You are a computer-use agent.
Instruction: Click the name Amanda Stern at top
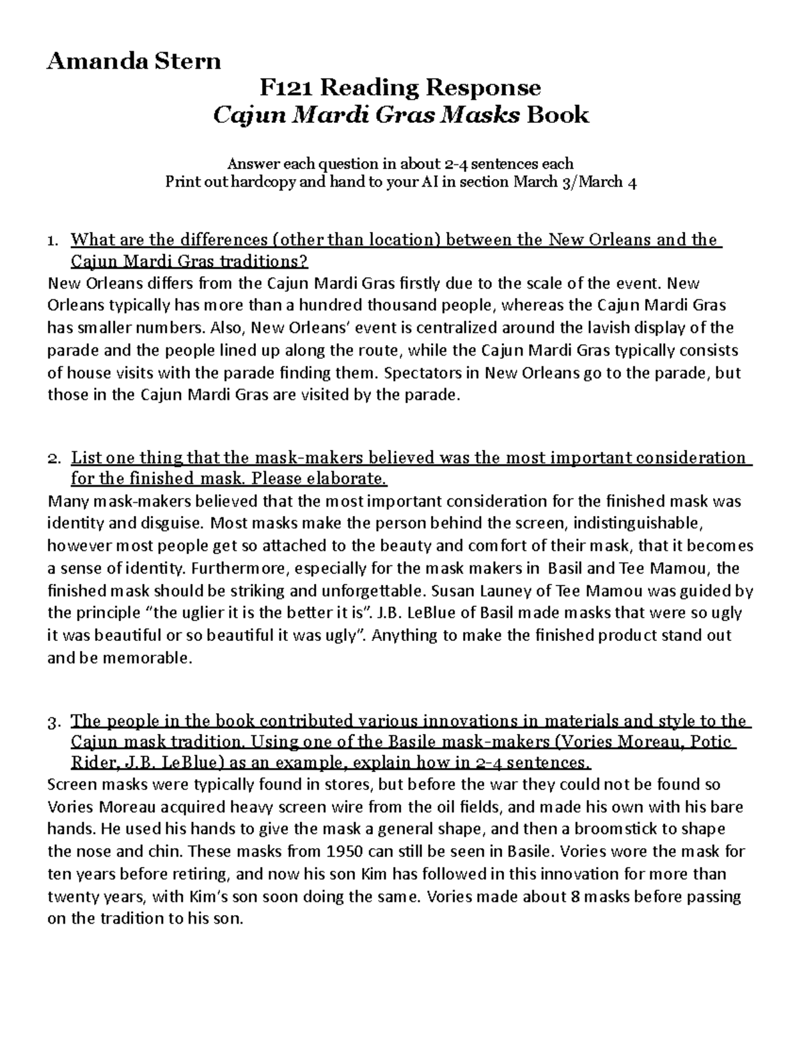click(x=133, y=61)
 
